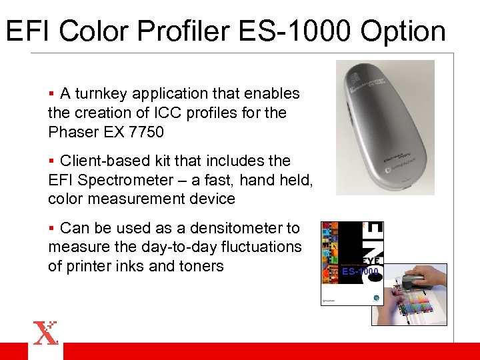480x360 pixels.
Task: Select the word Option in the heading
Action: pyautogui.click(x=403, y=31)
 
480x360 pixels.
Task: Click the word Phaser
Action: pyautogui.click(x=73, y=131)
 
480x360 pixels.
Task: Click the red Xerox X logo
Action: pyautogui.click(x=46, y=333)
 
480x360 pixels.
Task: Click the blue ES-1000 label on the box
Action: pyautogui.click(x=360, y=271)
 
